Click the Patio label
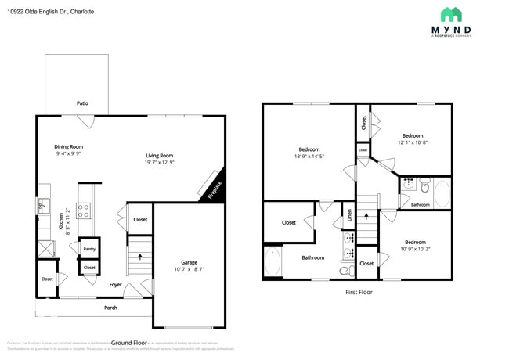81,103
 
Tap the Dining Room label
69,146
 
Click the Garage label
189,262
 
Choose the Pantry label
89,249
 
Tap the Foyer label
115,285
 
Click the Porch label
111,308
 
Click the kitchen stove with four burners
85,210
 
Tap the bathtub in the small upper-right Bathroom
441,192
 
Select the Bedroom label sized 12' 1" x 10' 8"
412,135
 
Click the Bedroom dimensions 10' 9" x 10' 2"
415,250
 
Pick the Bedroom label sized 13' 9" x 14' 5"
309,149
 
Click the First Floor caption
359,292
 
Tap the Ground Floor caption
129,343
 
